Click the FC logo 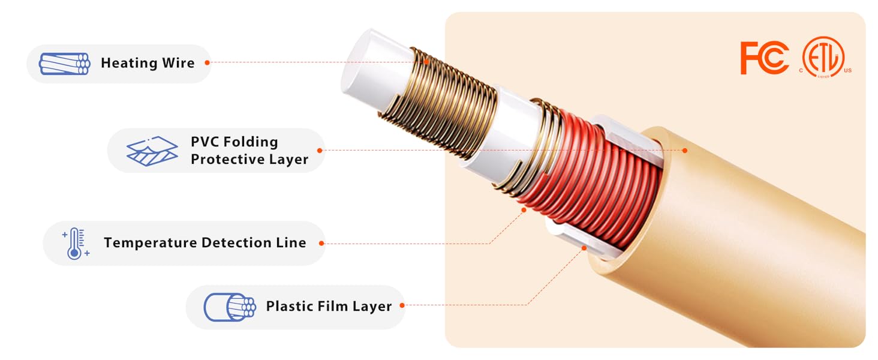coord(764,58)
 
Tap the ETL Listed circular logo coord(823,57)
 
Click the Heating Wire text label coord(148,63)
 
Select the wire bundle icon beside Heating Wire coord(65,64)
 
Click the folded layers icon coord(152,151)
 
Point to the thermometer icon coord(76,243)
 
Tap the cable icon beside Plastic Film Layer coord(230,307)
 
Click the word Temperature coord(150,243)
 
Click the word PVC coord(205,142)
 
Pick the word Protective coord(228,159)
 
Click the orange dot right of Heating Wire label coord(208,62)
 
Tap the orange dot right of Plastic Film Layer coord(402,305)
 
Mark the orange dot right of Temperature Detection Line coord(321,244)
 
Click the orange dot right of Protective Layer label coord(320,151)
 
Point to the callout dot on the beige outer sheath coord(685,151)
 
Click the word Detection coord(236,243)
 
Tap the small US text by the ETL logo coord(848,71)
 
